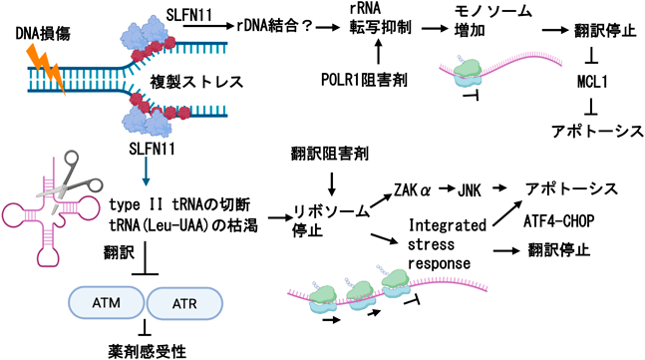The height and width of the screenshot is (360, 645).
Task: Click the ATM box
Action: (106, 303)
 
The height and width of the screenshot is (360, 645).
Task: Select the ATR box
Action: (184, 303)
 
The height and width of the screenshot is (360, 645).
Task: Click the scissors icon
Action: (69, 181)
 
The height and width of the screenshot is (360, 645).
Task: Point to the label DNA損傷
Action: (43, 34)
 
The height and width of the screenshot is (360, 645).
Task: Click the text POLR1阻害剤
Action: (364, 80)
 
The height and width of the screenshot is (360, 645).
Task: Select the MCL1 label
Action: (592, 82)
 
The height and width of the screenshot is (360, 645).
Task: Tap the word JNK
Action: (470, 190)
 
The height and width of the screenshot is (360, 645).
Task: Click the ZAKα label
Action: (412, 190)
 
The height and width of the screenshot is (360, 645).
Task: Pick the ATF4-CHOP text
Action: (559, 221)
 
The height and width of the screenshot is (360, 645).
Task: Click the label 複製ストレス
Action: (196, 82)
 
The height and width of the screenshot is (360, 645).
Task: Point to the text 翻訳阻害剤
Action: (330, 154)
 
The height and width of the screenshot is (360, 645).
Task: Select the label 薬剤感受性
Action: (147, 351)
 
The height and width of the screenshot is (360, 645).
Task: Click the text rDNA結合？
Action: (275, 26)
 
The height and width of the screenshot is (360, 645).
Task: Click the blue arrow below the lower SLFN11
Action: (146, 173)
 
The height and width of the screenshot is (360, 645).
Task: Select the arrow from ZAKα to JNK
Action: (445, 188)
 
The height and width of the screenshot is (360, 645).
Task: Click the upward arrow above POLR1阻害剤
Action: (379, 53)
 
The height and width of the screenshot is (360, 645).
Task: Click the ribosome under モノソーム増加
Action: (468, 73)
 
